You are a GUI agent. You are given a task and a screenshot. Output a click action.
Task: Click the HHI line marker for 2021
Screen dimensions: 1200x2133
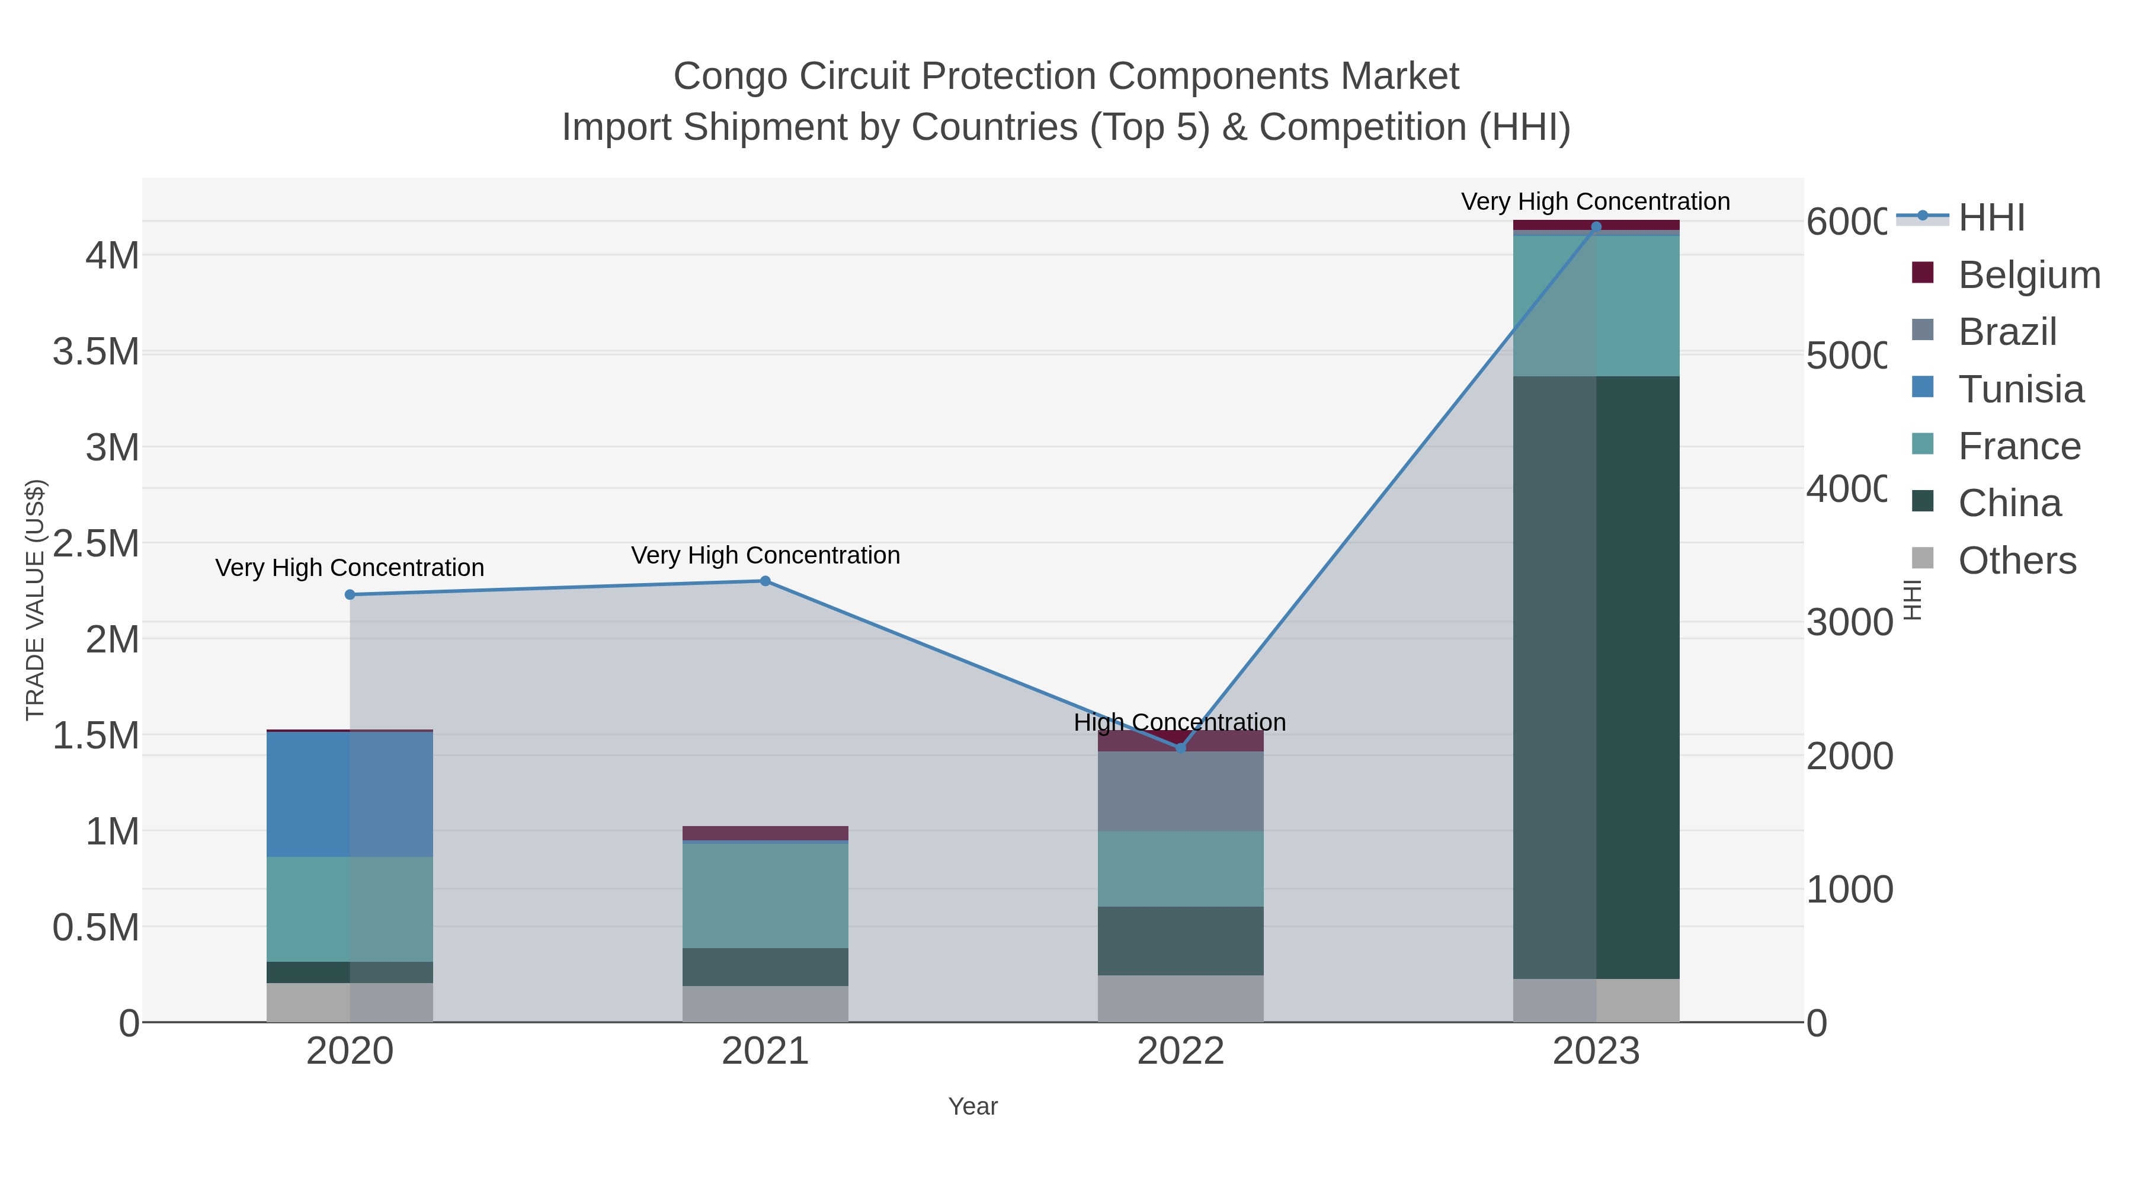pos(765,581)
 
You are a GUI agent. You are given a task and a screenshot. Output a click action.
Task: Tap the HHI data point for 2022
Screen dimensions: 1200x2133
pos(1181,748)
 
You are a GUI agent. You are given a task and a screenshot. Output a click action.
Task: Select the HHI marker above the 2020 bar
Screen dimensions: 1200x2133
pos(350,594)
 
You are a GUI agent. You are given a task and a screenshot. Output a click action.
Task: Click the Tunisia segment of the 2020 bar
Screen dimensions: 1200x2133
pos(350,793)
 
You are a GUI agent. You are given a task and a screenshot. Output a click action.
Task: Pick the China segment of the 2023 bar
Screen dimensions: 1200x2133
pos(1596,677)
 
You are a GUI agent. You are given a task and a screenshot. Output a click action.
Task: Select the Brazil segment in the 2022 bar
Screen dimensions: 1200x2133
pos(1181,791)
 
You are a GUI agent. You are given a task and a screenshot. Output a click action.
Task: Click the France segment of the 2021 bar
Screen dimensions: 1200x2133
pos(765,895)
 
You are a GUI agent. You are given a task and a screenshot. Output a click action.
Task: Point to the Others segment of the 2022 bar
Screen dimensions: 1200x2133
pos(1181,998)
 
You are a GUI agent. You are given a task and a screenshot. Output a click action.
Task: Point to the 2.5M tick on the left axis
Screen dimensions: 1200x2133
pos(96,544)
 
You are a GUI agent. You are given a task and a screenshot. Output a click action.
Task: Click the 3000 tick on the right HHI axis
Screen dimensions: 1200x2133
pos(1848,623)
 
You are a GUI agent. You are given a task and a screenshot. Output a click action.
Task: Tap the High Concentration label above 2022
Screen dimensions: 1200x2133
pos(1180,722)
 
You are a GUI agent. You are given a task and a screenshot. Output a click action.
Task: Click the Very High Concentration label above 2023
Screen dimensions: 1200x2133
pos(1595,202)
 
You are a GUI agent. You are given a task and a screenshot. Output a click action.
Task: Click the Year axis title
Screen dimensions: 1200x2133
pos(972,1106)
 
